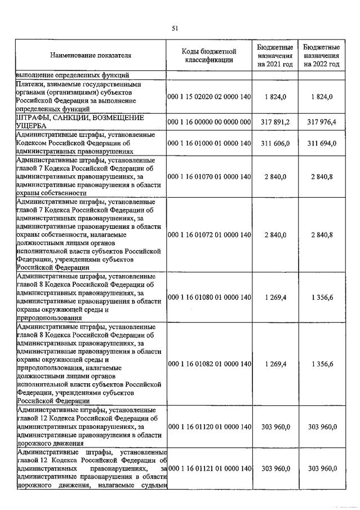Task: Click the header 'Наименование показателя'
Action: click(91, 56)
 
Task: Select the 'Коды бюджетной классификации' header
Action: click(209, 56)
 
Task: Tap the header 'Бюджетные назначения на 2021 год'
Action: click(275, 56)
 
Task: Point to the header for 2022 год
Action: click(321, 56)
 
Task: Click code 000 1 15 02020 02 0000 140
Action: click(209, 97)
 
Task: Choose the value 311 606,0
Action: click(275, 143)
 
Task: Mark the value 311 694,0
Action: click(321, 143)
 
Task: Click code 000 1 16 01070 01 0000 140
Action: click(209, 176)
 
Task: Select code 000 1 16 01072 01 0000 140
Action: click(209, 234)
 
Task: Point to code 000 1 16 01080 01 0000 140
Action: click(209, 297)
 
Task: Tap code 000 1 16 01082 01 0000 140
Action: click(209, 364)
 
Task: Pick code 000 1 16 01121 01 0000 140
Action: click(209, 469)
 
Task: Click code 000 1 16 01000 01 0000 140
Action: click(209, 143)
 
